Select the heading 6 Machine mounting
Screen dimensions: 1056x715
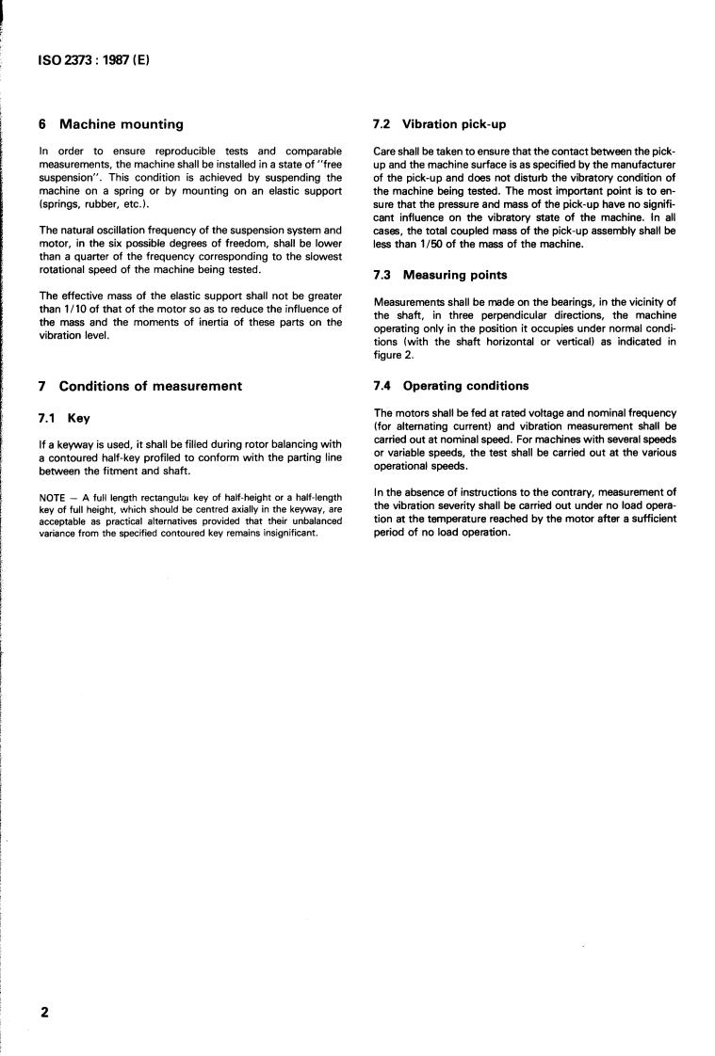click(111, 123)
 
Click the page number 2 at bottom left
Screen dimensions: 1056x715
click(43, 1013)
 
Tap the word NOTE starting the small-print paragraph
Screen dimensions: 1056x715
click(52, 497)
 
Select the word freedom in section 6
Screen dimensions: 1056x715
click(233, 242)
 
